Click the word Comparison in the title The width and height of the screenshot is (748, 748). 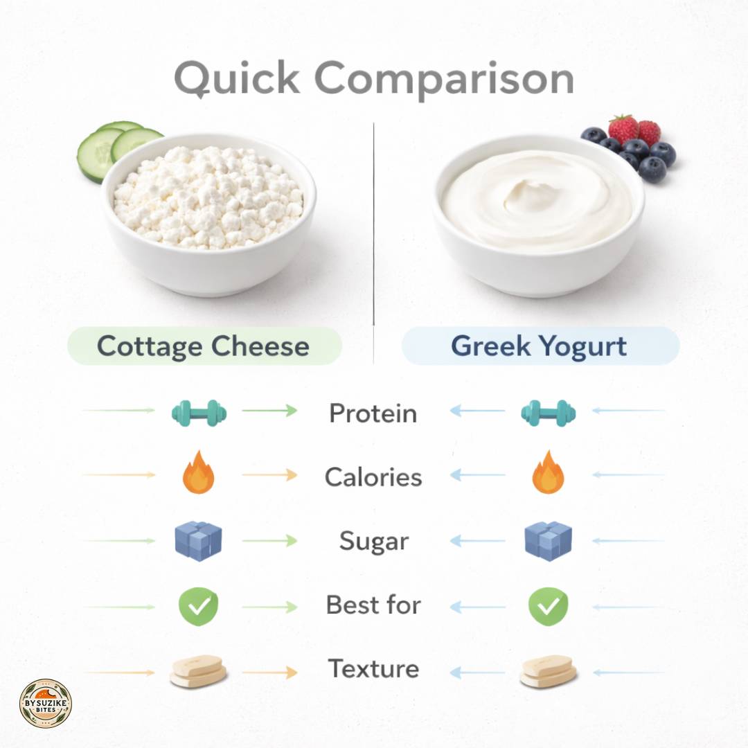[444, 78]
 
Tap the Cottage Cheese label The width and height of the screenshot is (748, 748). [204, 346]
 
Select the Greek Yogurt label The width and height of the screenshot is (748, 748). [539, 346]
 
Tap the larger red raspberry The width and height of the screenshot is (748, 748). [623, 129]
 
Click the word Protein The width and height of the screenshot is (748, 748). [373, 413]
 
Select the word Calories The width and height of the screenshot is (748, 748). [373, 477]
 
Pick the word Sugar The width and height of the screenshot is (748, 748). [373, 541]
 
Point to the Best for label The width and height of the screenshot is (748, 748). [373, 605]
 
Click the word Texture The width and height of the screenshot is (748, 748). [373, 669]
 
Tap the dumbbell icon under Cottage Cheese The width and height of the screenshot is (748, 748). [199, 413]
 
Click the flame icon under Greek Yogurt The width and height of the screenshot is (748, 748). [548, 473]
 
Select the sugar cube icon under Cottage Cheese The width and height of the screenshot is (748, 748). [199, 541]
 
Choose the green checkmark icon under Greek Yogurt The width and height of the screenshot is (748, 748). [549, 606]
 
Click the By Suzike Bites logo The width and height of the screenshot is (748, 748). [45, 704]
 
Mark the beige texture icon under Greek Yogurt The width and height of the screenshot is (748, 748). [549, 670]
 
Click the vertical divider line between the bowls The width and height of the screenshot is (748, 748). [373, 242]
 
